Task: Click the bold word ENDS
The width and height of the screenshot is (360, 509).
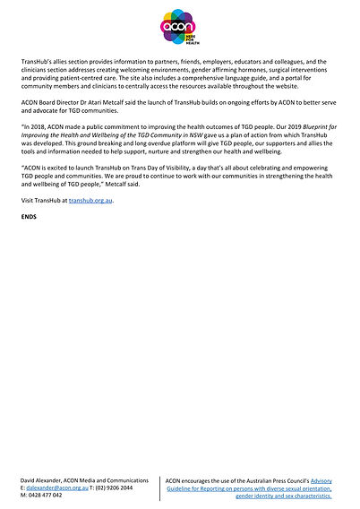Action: (x=29, y=218)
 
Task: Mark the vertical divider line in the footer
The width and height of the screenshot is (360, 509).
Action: (x=162, y=489)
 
